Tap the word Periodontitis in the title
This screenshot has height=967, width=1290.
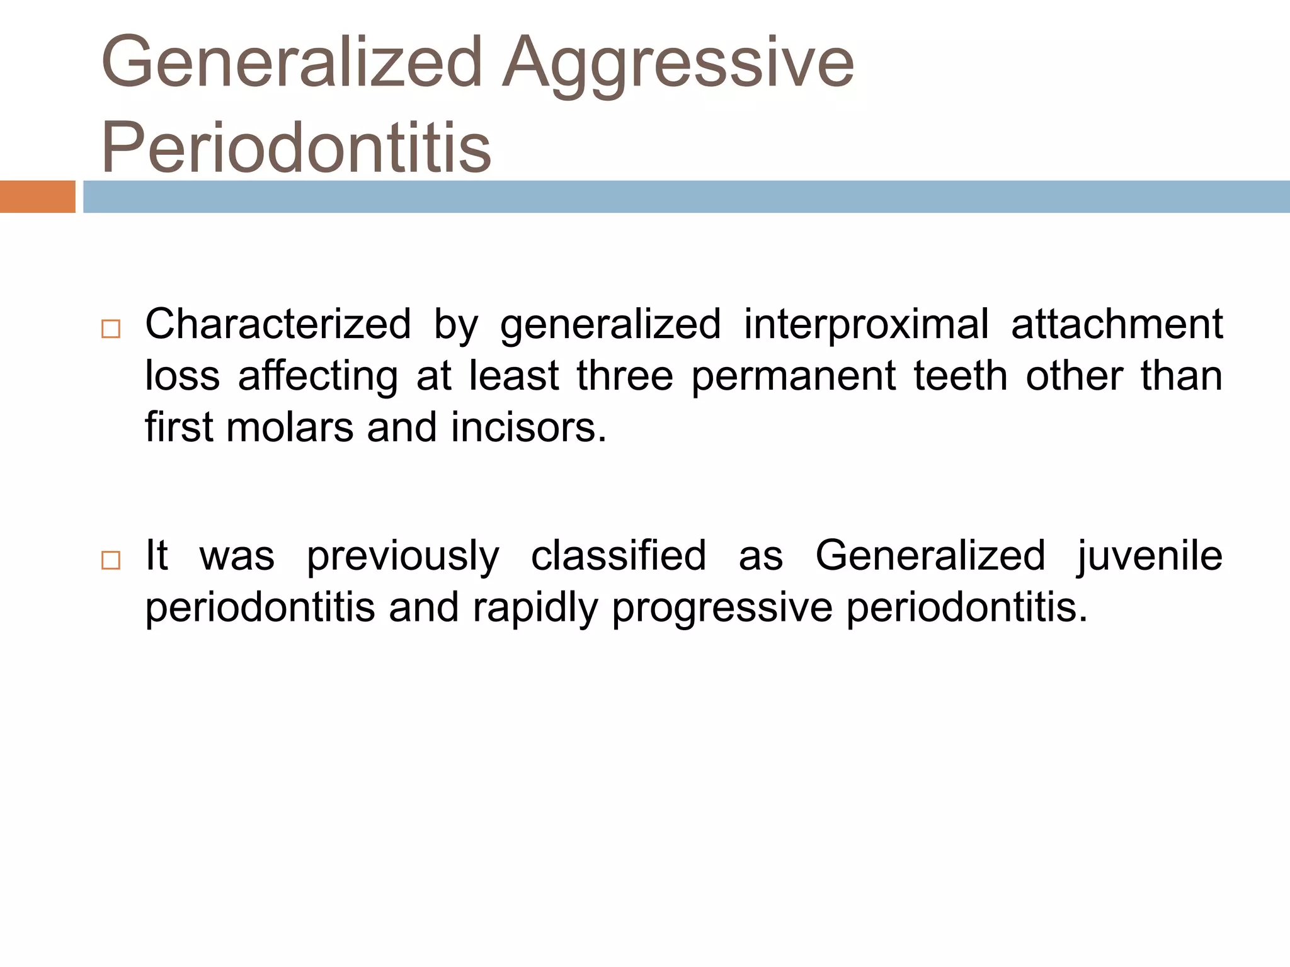[x=296, y=147]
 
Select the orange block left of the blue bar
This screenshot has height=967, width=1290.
[x=38, y=197]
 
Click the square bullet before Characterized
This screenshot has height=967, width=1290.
[x=111, y=329]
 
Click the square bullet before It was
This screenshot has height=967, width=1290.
[x=111, y=560]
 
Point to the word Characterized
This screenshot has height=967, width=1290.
[x=278, y=325]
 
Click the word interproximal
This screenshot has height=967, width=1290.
[x=866, y=325]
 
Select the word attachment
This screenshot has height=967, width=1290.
[x=1117, y=325]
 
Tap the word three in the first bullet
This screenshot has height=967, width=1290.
[x=625, y=376]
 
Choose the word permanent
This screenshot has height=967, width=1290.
[x=793, y=376]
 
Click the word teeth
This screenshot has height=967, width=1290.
[x=961, y=376]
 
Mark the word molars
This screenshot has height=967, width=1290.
[x=290, y=427]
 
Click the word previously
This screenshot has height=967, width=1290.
[x=403, y=557]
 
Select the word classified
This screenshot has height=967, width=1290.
[x=619, y=557]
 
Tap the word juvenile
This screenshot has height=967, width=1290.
[x=1150, y=557]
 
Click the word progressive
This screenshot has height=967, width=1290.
[x=722, y=608]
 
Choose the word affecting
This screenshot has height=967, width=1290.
[x=318, y=376]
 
